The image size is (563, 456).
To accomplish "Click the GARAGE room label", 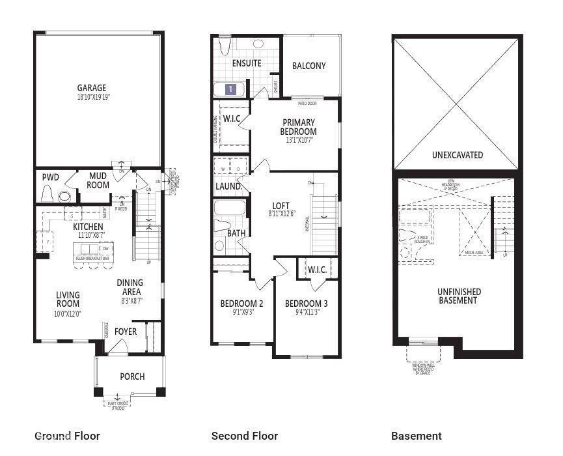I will pos(92,88).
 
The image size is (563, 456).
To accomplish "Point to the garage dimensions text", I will pos(92,97).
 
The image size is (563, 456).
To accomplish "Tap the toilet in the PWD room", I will pos(47,193).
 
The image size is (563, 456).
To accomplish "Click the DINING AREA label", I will pos(130,287).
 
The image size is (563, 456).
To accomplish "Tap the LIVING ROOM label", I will pos(68,299).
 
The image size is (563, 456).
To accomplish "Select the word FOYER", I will pos(126,332).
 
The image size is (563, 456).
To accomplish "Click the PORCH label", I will pos(132,377).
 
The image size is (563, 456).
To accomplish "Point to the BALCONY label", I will pos(309,66).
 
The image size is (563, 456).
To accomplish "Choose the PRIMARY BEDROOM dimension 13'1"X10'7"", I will pos(299,140).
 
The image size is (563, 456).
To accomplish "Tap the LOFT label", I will pos(281,205).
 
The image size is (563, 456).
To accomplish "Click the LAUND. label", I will pos(229,186).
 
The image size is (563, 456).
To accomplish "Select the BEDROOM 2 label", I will pos(241,304).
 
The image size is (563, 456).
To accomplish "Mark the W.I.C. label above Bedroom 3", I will pos(317,269).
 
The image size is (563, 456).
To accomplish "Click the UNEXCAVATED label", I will pos(456,155).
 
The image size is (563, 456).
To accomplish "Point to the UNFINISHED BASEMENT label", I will pos(460,296).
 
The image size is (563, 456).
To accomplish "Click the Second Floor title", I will pos(245,436).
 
